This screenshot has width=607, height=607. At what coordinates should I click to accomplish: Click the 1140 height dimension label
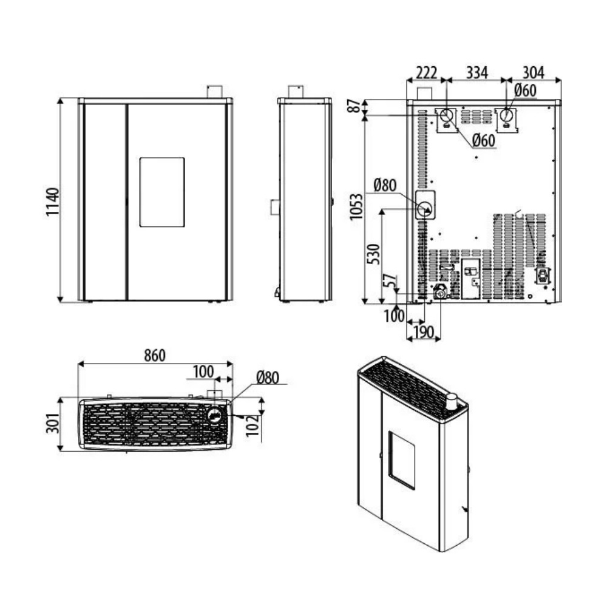[52, 202]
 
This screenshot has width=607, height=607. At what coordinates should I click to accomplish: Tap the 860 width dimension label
[155, 355]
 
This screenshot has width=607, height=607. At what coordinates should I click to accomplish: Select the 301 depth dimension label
[53, 423]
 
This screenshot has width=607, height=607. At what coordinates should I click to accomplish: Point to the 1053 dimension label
[356, 207]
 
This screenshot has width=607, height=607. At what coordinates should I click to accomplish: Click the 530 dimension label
[373, 254]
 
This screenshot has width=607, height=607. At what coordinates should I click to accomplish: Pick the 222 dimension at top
[427, 73]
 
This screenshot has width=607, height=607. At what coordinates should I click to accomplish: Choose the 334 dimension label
[477, 73]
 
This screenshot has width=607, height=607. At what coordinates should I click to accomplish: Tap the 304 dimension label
[534, 73]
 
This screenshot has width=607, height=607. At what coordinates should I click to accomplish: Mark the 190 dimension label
[424, 332]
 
